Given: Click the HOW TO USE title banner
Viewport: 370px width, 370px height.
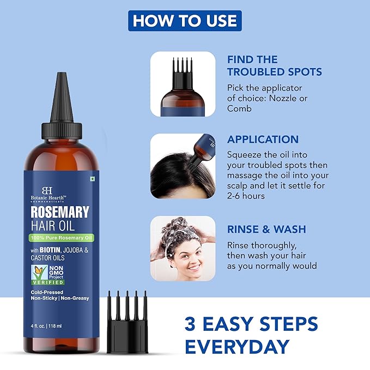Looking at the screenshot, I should click(185, 21).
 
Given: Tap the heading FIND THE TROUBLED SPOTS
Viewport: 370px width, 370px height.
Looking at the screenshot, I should click(274, 65).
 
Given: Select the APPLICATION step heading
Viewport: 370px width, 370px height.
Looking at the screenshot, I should click(263, 139).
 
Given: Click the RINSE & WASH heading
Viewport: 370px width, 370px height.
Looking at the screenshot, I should click(266, 229).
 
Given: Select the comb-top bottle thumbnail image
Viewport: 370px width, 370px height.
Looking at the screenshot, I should click(183, 84).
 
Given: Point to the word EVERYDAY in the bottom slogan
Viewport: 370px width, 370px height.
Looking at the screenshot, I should click(236, 346).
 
